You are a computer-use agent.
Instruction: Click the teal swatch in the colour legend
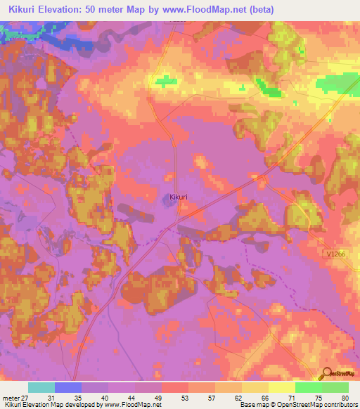41,387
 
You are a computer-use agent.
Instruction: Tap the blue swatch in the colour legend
68,387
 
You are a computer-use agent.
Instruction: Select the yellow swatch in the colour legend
281,387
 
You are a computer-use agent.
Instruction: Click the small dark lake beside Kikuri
172,202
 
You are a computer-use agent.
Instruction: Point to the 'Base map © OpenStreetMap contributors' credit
298,405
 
